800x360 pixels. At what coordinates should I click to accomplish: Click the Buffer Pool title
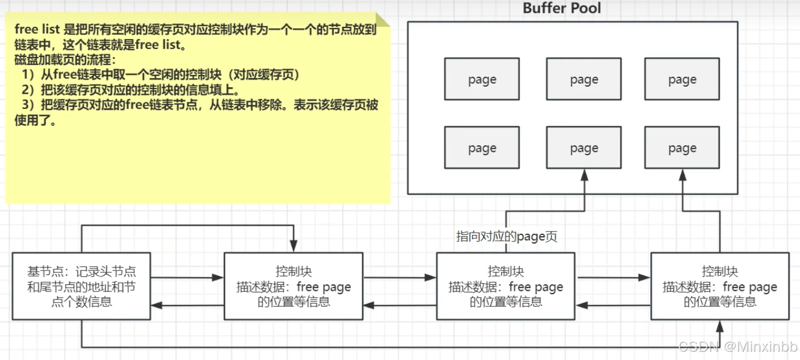click(562, 8)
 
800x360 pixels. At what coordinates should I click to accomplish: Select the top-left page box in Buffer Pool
click(482, 79)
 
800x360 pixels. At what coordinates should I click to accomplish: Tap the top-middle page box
click(584, 79)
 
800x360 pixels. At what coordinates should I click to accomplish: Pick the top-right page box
click(682, 79)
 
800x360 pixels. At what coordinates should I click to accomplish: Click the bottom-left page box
click(482, 148)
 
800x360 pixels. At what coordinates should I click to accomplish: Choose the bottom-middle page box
click(584, 148)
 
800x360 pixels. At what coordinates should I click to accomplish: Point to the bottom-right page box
click(682, 148)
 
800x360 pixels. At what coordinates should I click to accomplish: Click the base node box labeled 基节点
click(81, 286)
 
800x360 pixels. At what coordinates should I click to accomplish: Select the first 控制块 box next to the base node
click(294, 286)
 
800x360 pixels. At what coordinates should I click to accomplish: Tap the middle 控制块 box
click(506, 286)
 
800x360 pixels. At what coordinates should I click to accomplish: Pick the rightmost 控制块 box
click(720, 286)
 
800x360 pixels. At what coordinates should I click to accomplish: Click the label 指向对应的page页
click(506, 237)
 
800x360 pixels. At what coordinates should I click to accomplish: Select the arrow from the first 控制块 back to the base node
click(187, 305)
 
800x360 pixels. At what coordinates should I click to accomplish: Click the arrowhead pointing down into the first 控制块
click(294, 247)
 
